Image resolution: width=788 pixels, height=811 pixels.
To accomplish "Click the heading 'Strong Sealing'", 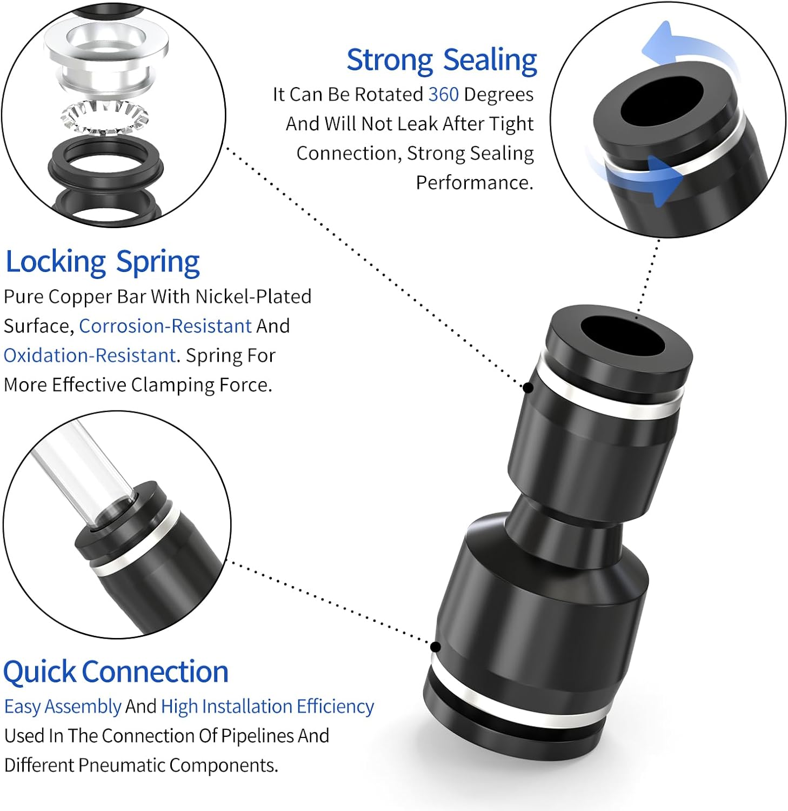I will (442, 60).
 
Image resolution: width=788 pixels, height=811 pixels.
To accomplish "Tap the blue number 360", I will (443, 95).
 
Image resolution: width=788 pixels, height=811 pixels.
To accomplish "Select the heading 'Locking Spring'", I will (103, 262).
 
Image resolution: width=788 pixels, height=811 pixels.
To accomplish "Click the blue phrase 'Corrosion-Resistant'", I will (165, 326).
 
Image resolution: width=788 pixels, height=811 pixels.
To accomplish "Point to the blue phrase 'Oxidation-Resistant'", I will (90, 356).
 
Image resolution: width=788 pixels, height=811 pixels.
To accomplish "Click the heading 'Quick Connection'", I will (116, 672).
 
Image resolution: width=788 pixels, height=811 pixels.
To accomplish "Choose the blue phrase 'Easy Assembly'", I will (63, 707).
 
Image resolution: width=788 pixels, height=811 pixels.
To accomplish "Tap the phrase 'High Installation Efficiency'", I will (268, 707).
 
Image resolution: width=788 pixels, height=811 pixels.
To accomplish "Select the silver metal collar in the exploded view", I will (106, 51).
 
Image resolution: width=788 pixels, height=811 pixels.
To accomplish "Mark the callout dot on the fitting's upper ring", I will (528, 388).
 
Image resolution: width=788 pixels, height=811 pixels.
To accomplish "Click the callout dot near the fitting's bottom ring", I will (436, 647).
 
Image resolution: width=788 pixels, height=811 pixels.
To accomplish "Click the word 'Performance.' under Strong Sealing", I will (475, 183).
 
